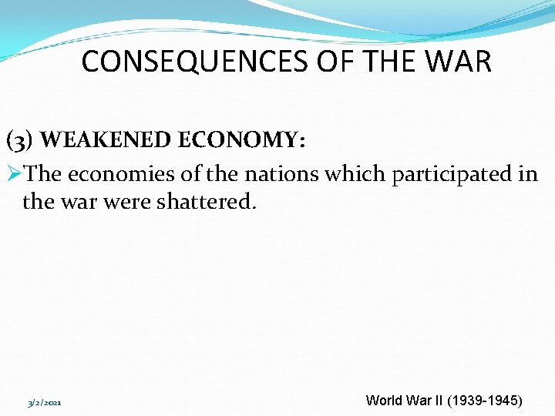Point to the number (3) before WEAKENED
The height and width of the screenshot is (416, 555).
tap(20, 140)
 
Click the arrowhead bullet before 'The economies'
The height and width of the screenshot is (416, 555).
tap(15, 174)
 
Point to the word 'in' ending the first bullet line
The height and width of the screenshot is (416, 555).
tap(529, 175)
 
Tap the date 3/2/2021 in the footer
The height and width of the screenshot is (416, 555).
tap(45, 403)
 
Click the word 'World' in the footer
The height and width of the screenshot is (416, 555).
tap(383, 401)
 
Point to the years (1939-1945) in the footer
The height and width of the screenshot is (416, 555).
tap(483, 401)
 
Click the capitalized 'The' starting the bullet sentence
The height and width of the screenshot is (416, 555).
tap(43, 175)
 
